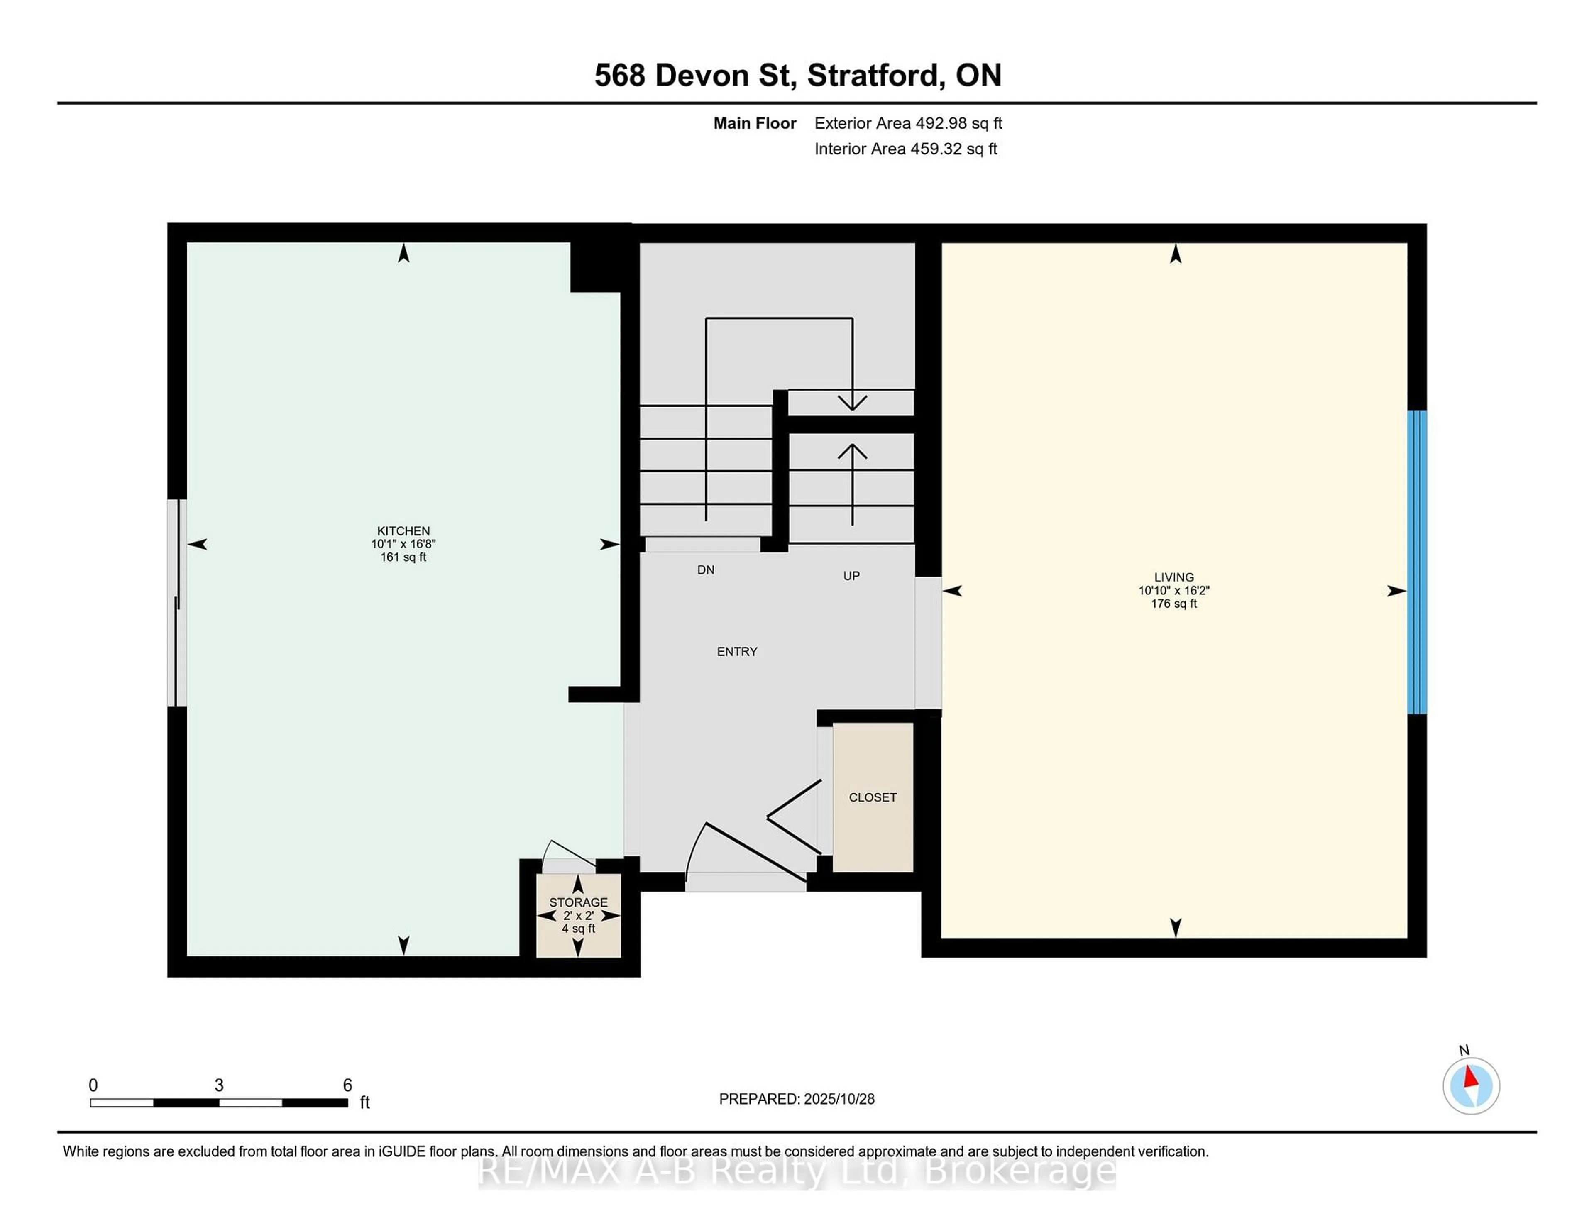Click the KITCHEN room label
click(403, 530)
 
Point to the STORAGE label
click(578, 902)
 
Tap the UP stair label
click(851, 576)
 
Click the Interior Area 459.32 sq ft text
click(905, 149)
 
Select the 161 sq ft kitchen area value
click(403, 557)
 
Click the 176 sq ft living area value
click(1173, 604)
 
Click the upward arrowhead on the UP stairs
click(852, 451)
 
